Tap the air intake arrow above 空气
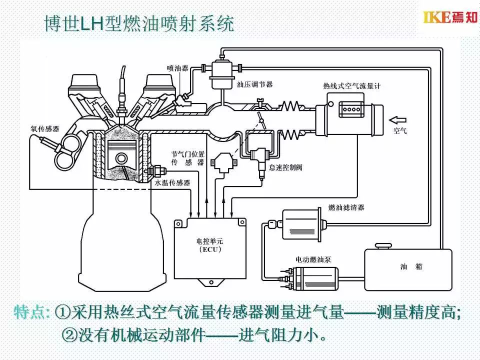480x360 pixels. pyautogui.click(x=398, y=119)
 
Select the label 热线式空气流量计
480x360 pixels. pyautogui.click(x=352, y=86)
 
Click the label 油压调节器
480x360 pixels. pyautogui.click(x=254, y=84)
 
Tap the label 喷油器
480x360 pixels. pyautogui.click(x=177, y=67)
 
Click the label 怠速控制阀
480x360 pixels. pyautogui.click(x=285, y=167)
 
